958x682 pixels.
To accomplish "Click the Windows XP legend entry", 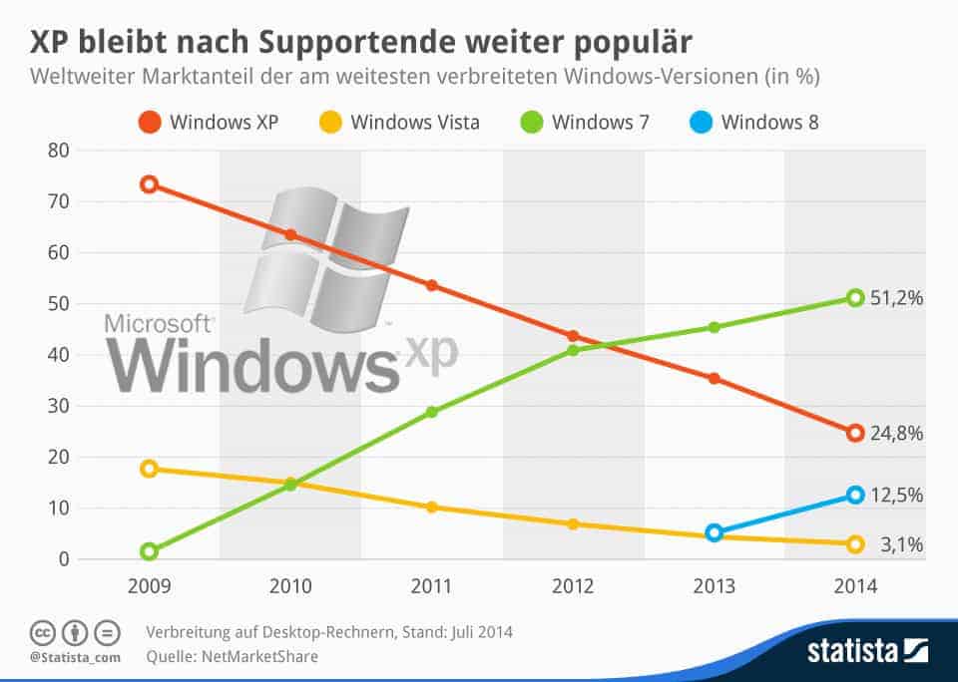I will point(208,123).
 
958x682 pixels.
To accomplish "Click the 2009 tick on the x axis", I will point(150,586).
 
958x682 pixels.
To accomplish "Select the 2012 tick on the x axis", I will point(573,586).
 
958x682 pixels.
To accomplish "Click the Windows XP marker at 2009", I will point(150,184).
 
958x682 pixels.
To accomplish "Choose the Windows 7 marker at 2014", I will point(855,297).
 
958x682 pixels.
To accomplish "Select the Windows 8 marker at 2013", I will point(714,533).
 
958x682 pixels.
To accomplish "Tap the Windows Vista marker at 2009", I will point(150,469).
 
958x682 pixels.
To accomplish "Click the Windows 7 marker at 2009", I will point(150,551).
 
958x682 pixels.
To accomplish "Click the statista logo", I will point(868,652).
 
